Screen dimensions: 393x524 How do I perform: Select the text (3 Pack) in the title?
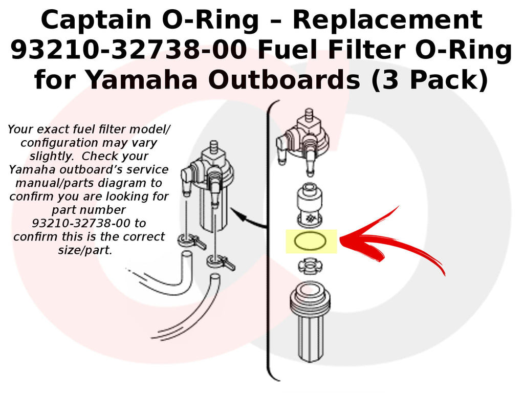[x=429, y=80]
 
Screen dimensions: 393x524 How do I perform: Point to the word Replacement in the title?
[x=387, y=20]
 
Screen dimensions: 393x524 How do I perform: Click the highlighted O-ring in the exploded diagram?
[x=311, y=242]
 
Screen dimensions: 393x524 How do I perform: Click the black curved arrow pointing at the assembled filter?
[x=248, y=219]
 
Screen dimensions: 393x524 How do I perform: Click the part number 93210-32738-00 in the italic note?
[x=89, y=223]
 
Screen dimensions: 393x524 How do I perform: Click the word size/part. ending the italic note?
[x=85, y=250]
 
